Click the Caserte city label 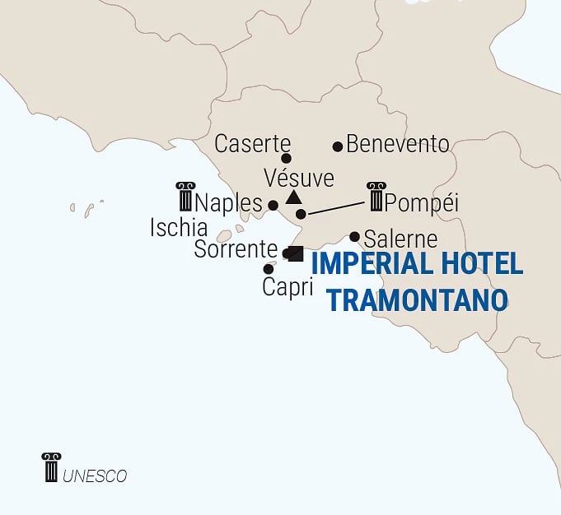click(x=253, y=143)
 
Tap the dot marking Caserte click(x=287, y=158)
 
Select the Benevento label click(x=398, y=144)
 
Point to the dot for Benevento click(x=337, y=146)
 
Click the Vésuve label click(x=299, y=178)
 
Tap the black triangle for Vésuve click(x=293, y=197)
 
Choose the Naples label click(x=229, y=203)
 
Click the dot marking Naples click(x=273, y=205)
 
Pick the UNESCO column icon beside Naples click(x=185, y=197)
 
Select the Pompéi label click(x=421, y=203)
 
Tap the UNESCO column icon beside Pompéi click(x=376, y=197)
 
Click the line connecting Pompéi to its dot click(x=336, y=207)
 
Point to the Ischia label click(x=178, y=228)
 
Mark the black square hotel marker click(x=296, y=253)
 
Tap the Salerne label click(x=400, y=239)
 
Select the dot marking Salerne click(x=354, y=237)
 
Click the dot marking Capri click(x=269, y=269)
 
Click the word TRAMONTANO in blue click(x=417, y=299)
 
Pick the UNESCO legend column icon click(x=51, y=466)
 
